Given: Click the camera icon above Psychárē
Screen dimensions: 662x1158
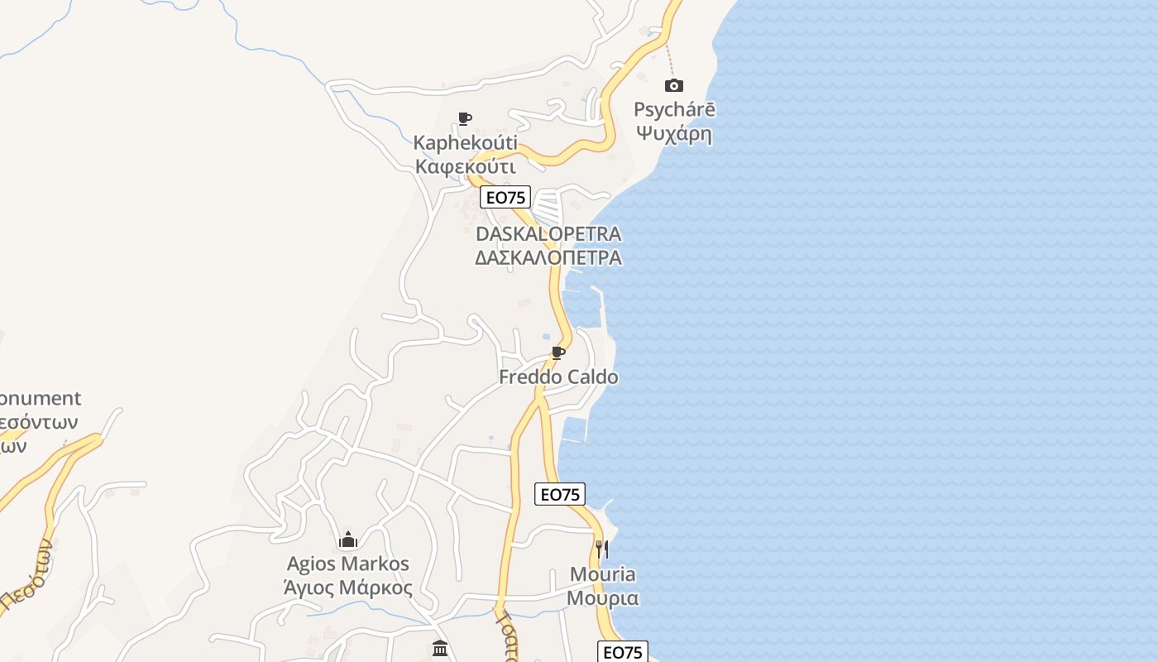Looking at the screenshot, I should coord(674,85).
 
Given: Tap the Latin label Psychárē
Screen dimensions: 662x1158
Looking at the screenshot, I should coord(674,109).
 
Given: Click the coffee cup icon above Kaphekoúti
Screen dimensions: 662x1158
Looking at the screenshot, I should coord(465,119).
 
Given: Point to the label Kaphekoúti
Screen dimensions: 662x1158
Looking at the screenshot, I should coord(465,143).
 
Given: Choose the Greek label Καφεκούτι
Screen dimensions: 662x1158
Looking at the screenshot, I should coord(466,166).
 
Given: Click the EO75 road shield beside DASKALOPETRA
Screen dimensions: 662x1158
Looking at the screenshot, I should coord(505,197).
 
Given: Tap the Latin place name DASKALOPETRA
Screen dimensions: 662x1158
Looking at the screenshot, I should coord(548,233).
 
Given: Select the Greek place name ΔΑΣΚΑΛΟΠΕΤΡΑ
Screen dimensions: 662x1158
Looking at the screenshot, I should coord(548,257).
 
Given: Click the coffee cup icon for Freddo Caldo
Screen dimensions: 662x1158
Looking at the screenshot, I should coord(558,353).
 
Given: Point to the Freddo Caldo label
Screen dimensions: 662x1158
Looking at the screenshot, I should coord(558,377).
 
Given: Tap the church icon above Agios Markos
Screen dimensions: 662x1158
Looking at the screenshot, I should coord(348,540).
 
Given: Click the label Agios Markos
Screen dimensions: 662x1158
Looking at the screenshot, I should coord(347,564).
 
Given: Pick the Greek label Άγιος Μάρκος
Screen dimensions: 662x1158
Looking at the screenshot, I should coord(347,588).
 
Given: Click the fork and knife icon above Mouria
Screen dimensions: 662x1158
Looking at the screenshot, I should coord(602,549).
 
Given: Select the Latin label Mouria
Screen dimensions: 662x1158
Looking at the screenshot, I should coord(603,574).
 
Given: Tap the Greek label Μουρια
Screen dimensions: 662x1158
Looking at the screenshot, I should coord(603,597).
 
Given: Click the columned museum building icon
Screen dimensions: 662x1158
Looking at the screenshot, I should coord(440,648).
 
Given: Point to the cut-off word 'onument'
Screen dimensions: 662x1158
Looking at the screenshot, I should coord(40,399).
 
